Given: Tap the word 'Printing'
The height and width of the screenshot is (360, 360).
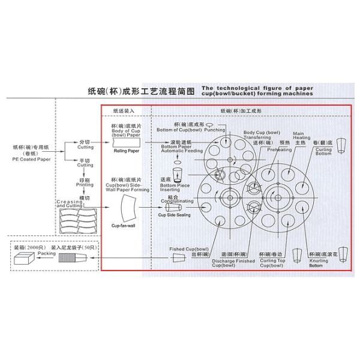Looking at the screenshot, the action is click(85, 185).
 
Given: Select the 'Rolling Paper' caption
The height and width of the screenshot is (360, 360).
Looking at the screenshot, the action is click(125, 151).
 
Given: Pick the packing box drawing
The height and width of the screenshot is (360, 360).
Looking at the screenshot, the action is click(24, 260).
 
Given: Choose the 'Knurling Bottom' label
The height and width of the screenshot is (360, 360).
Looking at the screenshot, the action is click(319, 263).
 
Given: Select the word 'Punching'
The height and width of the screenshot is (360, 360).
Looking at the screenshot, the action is click(214, 129).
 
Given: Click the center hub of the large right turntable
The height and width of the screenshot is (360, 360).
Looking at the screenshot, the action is click(277, 196).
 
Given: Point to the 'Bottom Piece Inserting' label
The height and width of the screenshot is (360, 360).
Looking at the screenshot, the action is click(170, 187).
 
